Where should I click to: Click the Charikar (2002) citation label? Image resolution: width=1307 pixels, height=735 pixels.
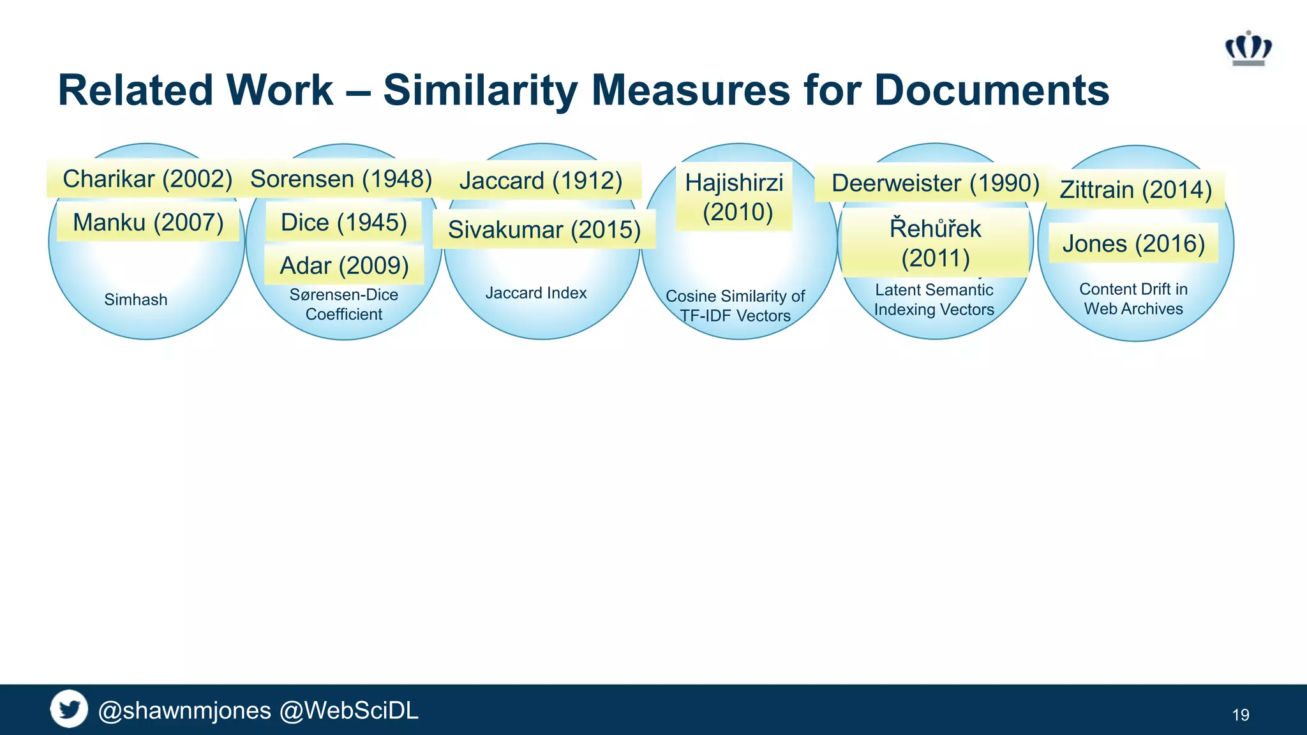pyautogui.click(x=147, y=179)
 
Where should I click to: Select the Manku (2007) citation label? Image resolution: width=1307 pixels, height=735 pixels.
pyautogui.click(x=148, y=223)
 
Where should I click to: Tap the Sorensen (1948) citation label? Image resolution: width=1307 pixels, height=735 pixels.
pyautogui.click(x=341, y=179)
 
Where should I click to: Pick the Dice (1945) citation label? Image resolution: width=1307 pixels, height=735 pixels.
pyautogui.click(x=344, y=223)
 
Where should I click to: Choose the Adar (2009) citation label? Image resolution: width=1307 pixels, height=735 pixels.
pyautogui.click(x=345, y=266)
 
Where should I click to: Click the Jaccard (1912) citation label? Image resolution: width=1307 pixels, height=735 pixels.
pyautogui.click(x=541, y=181)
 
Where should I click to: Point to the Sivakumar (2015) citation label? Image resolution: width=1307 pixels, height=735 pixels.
pyautogui.click(x=544, y=230)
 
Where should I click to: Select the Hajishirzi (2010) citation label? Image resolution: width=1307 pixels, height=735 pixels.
pyautogui.click(x=735, y=197)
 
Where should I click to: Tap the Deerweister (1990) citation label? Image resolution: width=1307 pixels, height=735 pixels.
pyautogui.click(x=936, y=183)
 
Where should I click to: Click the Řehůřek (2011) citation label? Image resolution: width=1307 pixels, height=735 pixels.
pyautogui.click(x=936, y=243)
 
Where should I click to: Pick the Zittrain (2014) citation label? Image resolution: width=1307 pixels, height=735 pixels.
pyautogui.click(x=1135, y=190)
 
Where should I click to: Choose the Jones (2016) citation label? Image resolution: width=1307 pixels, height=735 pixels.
pyautogui.click(x=1133, y=244)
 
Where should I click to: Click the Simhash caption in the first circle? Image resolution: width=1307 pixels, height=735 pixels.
pyautogui.click(x=136, y=300)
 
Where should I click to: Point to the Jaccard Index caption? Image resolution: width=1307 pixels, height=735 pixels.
pyautogui.click(x=536, y=293)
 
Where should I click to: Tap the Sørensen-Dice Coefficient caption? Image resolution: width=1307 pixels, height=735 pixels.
pyautogui.click(x=344, y=304)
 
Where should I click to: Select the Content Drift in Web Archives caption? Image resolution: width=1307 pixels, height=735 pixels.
pyautogui.click(x=1133, y=299)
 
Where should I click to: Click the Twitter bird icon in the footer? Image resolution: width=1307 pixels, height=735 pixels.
pyautogui.click(x=69, y=709)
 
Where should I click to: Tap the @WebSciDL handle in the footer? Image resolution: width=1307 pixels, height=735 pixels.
pyautogui.click(x=349, y=710)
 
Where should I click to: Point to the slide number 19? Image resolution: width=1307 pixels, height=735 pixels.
pyautogui.click(x=1241, y=715)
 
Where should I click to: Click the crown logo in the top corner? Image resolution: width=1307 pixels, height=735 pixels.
pyautogui.click(x=1248, y=48)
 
